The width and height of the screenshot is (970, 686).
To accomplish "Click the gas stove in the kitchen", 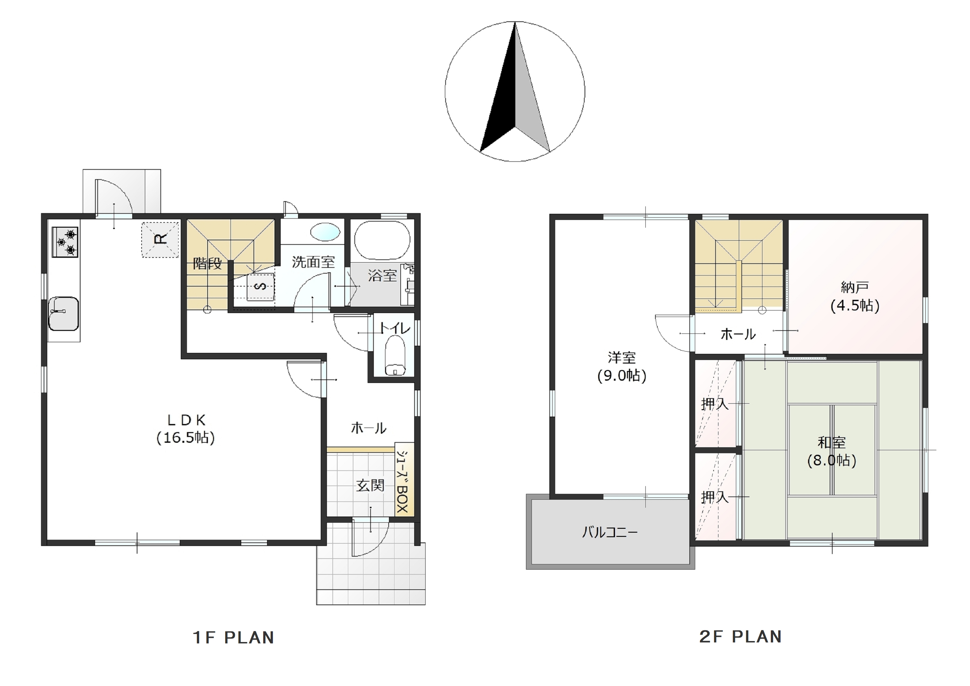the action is (x=65, y=242).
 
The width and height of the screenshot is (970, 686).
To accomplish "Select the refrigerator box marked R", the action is (x=160, y=240).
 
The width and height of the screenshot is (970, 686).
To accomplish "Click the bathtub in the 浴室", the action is (x=382, y=240).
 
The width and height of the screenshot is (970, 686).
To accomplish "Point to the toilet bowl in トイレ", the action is (x=395, y=355).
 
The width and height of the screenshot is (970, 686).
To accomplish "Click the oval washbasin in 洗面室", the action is (x=325, y=232).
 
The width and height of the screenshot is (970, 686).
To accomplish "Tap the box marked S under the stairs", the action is (x=261, y=287).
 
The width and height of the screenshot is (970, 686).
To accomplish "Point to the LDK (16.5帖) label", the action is (x=186, y=429).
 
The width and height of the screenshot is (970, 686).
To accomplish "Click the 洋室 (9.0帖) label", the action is (x=621, y=366).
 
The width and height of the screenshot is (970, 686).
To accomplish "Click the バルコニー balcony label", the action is (x=609, y=532).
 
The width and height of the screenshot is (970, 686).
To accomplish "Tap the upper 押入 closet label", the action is (x=715, y=404).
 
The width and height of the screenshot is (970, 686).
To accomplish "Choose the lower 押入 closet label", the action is (x=715, y=497).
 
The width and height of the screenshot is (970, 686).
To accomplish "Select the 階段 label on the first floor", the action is (x=208, y=263).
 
